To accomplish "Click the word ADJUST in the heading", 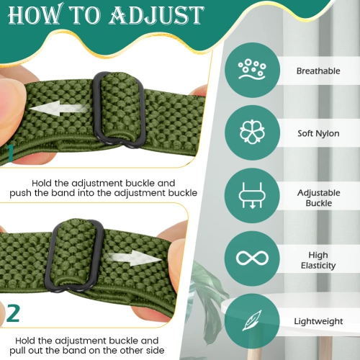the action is click(x=157, y=15).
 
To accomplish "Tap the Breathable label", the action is click(x=318, y=71).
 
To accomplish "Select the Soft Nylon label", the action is click(x=318, y=133).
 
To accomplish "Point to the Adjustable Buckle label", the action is click(x=319, y=198).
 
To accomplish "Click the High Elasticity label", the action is click(x=318, y=260).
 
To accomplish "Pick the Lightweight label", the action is click(x=318, y=321).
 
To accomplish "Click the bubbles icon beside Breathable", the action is click(x=252, y=69).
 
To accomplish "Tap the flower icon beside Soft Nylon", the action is click(x=252, y=132).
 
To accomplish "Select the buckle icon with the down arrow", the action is click(x=252, y=195).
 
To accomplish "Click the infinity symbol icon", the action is click(x=252, y=258).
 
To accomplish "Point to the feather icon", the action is click(x=251, y=320).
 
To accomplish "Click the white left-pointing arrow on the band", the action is click(x=58, y=109).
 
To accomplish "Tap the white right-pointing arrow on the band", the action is click(x=134, y=258).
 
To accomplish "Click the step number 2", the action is click(x=13, y=313).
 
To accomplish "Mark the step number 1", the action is click(x=10, y=153).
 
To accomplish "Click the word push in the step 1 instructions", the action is click(x=20, y=193).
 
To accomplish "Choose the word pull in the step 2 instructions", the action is click(x=17, y=351).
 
